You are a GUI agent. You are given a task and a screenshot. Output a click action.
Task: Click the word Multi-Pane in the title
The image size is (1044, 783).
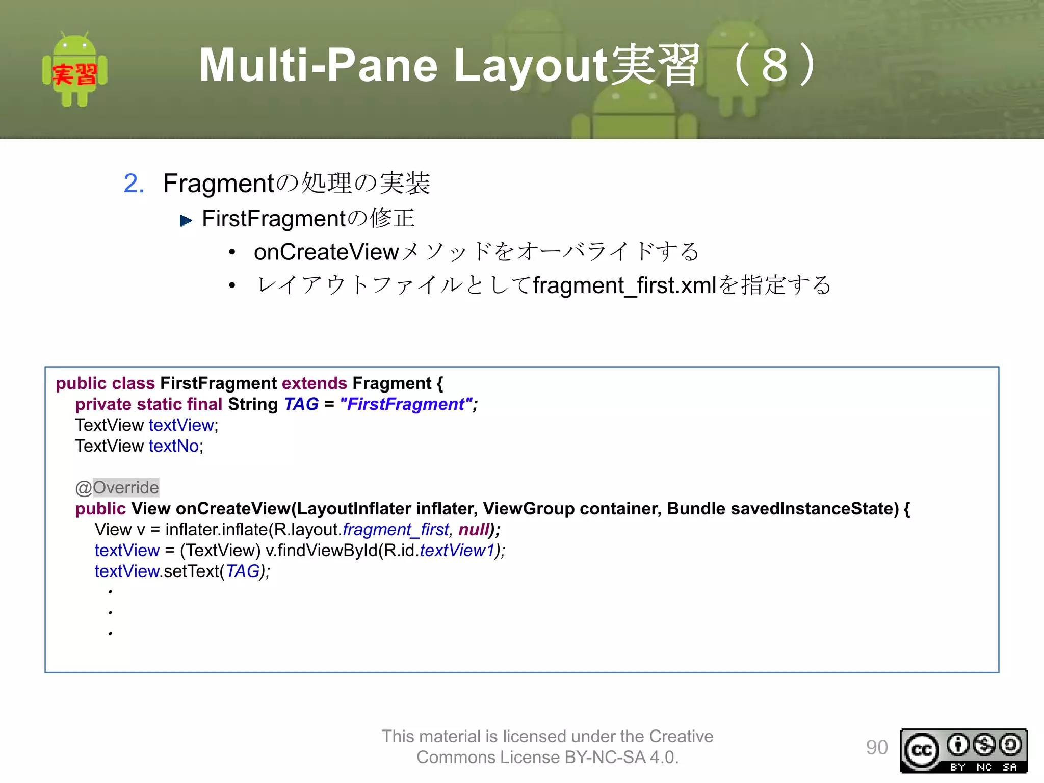coord(318,65)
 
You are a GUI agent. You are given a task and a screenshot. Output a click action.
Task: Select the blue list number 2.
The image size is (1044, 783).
coord(134,184)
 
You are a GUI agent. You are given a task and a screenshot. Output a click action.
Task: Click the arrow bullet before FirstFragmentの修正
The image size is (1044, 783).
coord(186,221)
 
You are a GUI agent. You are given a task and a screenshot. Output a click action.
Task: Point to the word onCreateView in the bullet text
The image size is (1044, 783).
coord(326,252)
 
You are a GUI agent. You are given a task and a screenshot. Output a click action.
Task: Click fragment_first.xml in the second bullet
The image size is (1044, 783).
coord(625,285)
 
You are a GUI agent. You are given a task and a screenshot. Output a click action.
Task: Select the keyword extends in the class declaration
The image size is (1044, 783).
coord(315,383)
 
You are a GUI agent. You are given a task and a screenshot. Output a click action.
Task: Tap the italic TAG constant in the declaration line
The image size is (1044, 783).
coord(301,404)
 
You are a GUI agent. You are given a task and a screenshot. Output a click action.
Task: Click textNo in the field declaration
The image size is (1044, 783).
coord(174,446)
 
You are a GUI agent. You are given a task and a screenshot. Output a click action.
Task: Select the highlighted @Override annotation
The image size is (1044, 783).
coord(117,488)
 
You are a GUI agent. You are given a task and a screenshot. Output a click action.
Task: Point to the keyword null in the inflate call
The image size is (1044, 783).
coord(474,530)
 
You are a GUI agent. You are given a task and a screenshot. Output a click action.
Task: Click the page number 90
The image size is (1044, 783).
coord(877,747)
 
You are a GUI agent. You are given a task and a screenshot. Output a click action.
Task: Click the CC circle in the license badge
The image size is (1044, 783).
coord(921,750)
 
